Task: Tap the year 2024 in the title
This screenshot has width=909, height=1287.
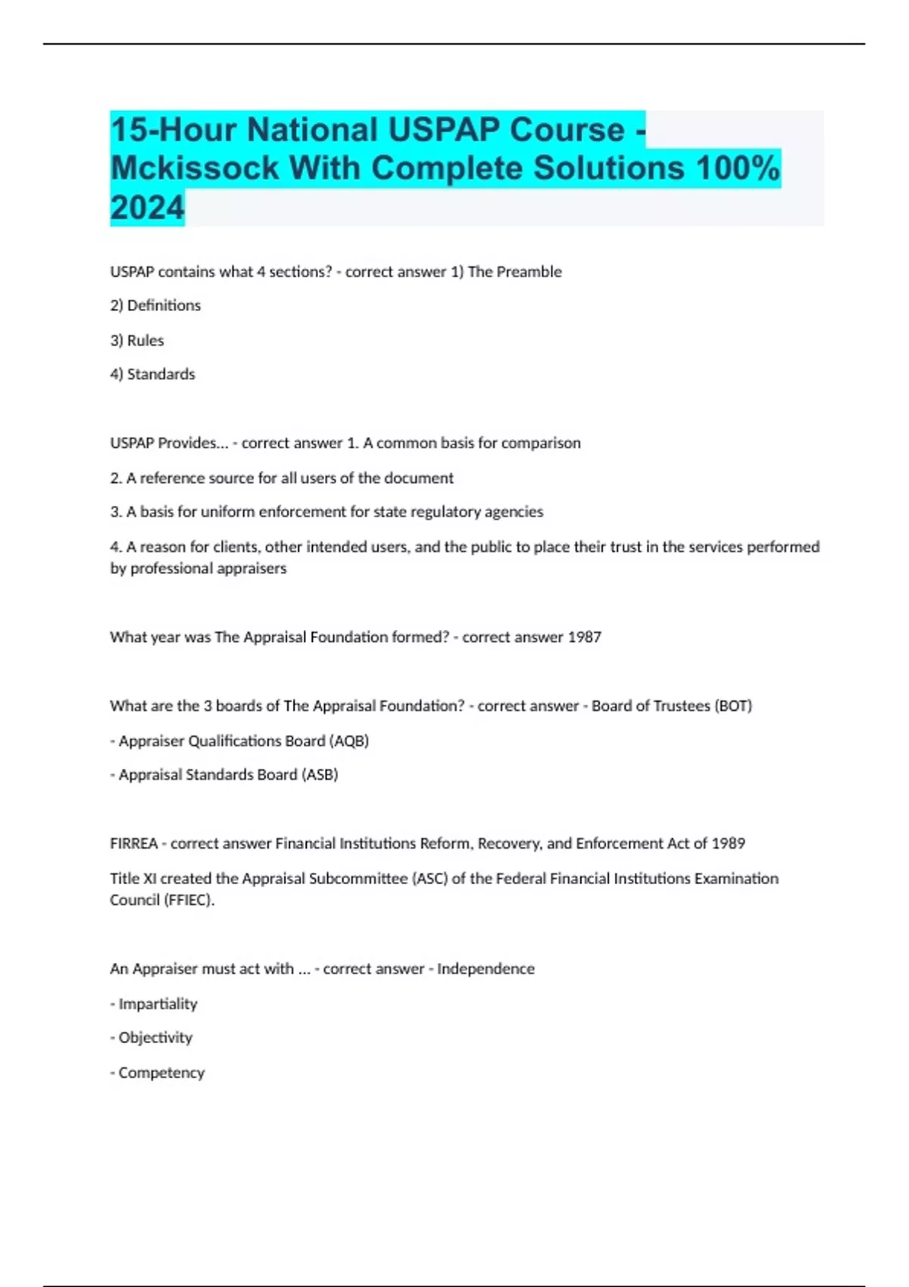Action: (147, 207)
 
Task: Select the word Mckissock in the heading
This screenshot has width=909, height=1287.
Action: (195, 168)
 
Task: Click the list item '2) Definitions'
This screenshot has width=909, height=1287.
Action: (155, 306)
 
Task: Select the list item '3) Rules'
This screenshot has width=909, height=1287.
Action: (137, 341)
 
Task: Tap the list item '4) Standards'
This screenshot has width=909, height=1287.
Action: (152, 375)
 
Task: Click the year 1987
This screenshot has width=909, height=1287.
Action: (584, 637)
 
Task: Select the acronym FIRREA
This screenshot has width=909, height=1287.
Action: (134, 844)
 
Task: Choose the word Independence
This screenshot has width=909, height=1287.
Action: (486, 969)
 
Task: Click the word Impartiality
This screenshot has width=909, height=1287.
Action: (158, 1005)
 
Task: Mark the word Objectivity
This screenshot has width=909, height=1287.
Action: (155, 1038)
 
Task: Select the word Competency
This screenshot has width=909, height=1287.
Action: (161, 1074)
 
